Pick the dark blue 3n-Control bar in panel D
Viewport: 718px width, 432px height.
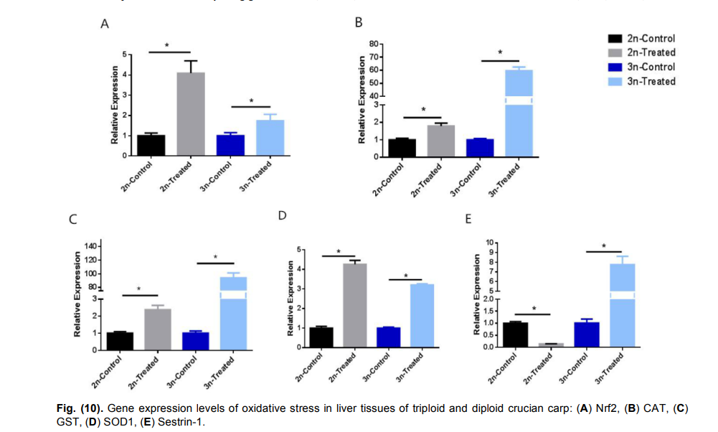388,337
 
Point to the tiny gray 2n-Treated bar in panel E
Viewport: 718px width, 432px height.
550,344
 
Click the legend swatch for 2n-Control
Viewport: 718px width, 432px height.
614,39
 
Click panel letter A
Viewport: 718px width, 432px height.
105,24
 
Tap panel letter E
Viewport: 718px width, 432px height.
468,218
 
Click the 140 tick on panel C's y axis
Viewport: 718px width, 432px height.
91,246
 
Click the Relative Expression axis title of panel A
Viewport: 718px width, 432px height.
115,105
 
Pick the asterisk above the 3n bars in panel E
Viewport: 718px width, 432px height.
604,246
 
